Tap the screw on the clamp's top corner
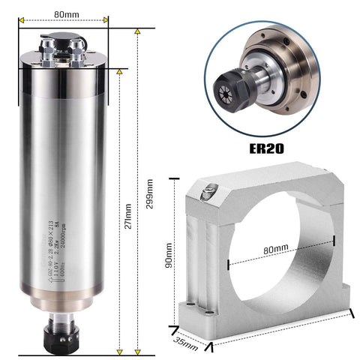tap(206, 193)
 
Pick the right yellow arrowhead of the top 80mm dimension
tap(106, 20)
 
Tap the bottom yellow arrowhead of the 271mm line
tap(120, 349)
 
